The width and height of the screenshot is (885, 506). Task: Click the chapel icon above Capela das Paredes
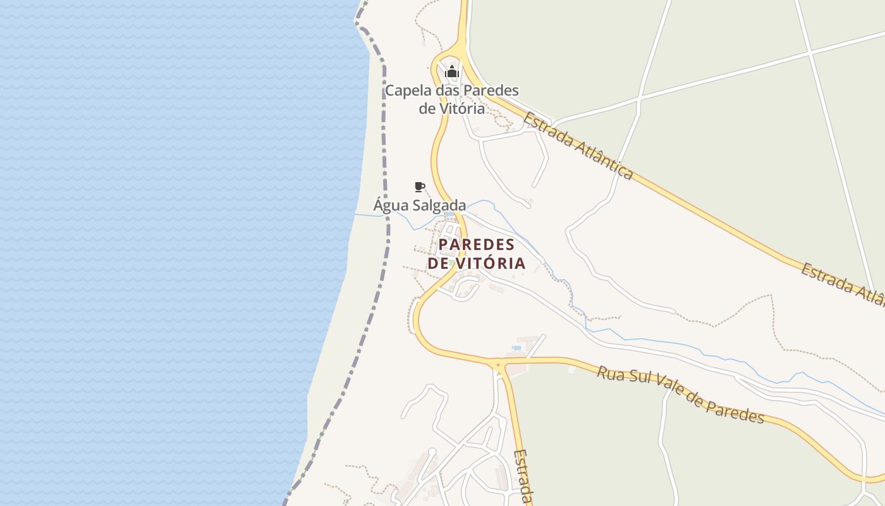pos(451,71)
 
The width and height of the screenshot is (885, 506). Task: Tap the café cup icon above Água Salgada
pos(419,187)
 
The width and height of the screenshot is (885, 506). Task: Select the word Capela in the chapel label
pos(406,90)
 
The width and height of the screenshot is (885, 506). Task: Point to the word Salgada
pos(439,206)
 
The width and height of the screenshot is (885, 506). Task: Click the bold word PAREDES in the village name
pos(477,245)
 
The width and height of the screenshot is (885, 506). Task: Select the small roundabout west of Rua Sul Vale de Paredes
pos(499,365)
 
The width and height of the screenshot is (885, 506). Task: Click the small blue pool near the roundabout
pos(516,347)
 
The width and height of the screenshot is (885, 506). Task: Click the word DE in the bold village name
pos(439,263)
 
